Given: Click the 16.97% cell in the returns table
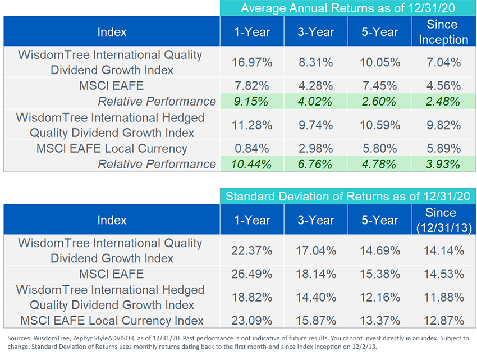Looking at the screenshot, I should point(250,62).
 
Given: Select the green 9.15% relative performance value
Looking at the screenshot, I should point(250,101).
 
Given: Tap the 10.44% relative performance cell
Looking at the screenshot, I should point(250,164).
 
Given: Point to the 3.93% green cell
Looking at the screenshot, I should point(441,164).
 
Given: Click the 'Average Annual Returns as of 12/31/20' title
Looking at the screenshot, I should point(348,8).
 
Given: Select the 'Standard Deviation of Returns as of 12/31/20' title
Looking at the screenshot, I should point(348,197).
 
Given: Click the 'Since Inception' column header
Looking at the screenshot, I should point(441,31).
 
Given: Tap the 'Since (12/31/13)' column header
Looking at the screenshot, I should point(441,220).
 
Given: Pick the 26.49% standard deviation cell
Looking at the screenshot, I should point(250,274).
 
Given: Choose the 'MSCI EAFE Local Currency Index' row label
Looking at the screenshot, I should point(112,321).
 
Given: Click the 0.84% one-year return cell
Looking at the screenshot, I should point(250,148).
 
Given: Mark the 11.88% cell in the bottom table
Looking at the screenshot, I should point(441,297).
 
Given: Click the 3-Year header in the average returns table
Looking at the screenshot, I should point(315,31).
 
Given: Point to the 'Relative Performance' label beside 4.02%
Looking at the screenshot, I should point(157,101).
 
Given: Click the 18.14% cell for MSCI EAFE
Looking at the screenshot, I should point(315,274).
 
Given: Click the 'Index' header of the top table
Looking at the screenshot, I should point(112,31).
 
